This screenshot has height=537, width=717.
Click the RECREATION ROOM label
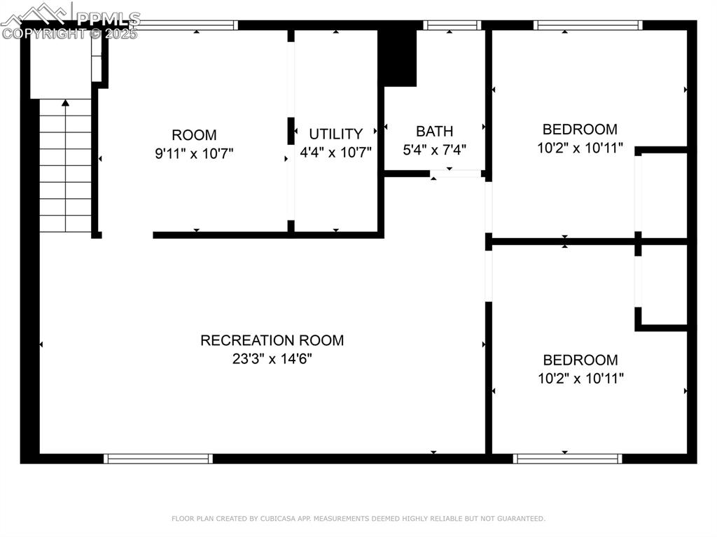pos(272,341)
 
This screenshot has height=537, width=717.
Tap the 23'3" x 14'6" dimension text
pos(272,359)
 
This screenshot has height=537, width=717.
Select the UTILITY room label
pos(336,134)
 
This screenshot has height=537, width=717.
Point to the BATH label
pos(434,131)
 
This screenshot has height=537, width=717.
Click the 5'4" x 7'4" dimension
pos(434,149)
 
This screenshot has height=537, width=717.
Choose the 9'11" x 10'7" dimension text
pos(194,153)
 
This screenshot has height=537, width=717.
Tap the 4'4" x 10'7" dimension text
pos(336,152)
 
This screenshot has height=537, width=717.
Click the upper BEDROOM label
pos(580,130)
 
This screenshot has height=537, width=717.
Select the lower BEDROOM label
pos(580,361)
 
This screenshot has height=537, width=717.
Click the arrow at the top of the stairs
pos(66,104)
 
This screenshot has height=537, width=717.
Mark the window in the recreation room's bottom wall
pos(158,459)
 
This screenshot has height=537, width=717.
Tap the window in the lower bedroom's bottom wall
pos(567,459)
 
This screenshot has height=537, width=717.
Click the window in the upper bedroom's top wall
pos(588,25)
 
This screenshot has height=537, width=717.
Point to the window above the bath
pos(453,25)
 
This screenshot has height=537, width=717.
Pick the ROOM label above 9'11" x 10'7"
pos(194,135)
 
